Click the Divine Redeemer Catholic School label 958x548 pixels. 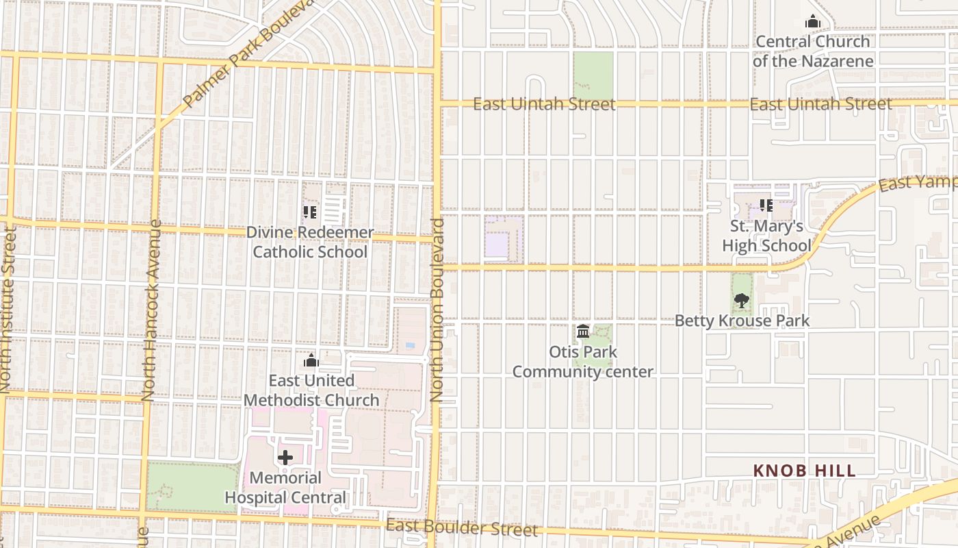310,242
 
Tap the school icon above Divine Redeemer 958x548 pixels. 310,212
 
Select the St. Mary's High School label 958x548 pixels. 766,236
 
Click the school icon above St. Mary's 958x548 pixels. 766,205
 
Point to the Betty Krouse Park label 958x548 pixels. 742,321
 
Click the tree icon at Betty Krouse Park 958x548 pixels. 741,300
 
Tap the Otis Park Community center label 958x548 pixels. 582,362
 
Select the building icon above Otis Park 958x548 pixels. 583,332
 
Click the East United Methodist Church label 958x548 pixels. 311,390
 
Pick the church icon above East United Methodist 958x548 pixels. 311,360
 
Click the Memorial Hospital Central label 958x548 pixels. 285,488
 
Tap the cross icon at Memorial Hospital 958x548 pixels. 285,458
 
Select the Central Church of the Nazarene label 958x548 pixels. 813,51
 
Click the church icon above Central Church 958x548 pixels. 813,22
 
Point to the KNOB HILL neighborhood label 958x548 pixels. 804,471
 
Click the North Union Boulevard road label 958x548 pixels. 437,310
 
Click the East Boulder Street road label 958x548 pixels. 462,528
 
